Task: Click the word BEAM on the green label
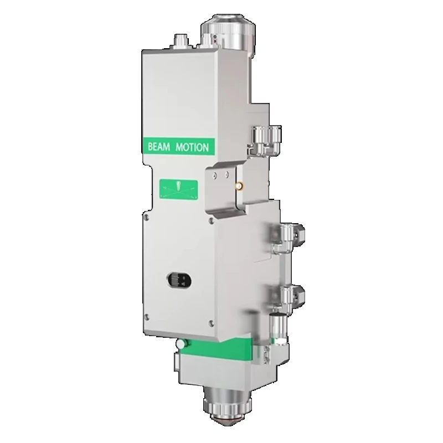click(159, 147)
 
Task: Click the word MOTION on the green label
click(192, 147)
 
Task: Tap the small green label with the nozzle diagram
click(178, 188)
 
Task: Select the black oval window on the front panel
click(179, 280)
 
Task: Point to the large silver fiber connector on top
click(228, 33)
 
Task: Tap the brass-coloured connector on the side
click(239, 186)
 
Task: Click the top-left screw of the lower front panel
click(146, 217)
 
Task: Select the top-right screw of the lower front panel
click(210, 220)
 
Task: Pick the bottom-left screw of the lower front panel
click(147, 317)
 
